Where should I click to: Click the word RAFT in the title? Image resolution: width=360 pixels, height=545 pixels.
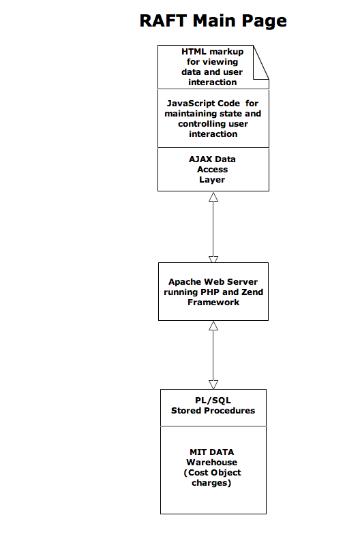(x=163, y=20)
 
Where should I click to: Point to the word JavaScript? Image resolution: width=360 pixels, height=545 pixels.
(x=203, y=104)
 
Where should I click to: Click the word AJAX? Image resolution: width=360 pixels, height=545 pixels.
(x=200, y=159)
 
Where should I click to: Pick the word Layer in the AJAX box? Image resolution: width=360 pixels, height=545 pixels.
(x=212, y=180)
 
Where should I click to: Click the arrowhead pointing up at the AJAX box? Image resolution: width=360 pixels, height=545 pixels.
(x=213, y=197)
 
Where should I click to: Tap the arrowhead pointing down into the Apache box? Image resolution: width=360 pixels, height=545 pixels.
(x=213, y=260)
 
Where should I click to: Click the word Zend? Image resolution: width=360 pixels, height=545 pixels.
(x=253, y=292)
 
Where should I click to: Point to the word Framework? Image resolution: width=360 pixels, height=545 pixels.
(x=213, y=302)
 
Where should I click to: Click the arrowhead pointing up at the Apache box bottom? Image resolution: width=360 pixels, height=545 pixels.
(x=213, y=326)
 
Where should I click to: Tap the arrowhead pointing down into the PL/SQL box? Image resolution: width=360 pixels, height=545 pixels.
(x=213, y=384)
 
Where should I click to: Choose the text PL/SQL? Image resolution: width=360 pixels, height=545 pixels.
(x=213, y=401)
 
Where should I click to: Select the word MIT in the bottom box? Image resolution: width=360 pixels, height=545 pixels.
(x=197, y=452)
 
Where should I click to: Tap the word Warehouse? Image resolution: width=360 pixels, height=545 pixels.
(x=211, y=463)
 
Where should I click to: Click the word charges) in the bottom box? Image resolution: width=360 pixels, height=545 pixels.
(x=211, y=483)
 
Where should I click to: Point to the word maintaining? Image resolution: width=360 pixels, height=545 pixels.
(x=191, y=114)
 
